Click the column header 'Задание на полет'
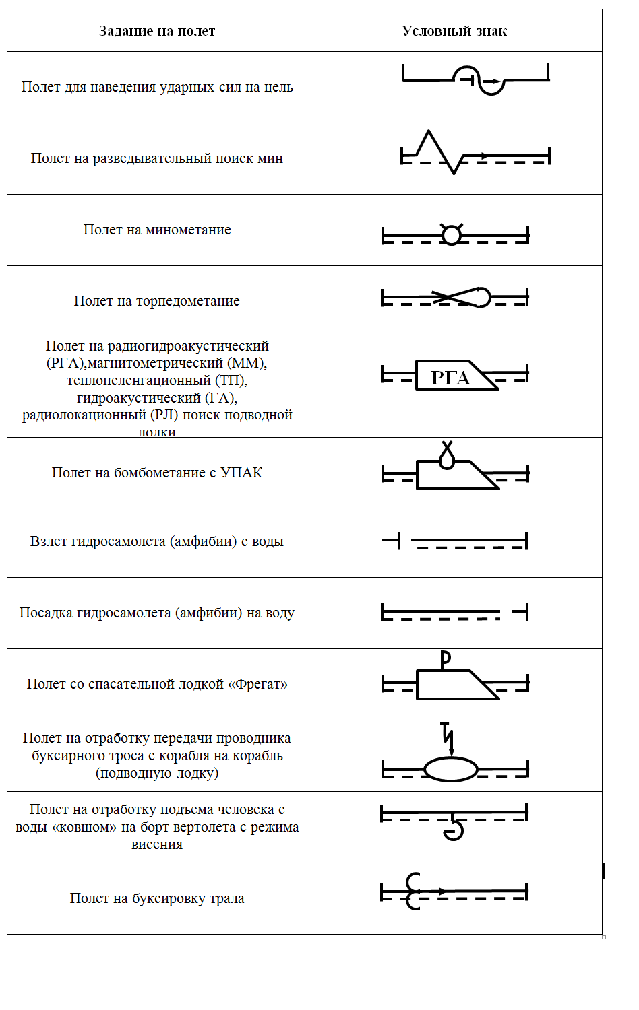click(x=156, y=31)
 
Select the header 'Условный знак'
click(x=454, y=31)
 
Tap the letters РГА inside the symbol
click(x=450, y=378)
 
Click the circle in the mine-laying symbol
click(x=451, y=235)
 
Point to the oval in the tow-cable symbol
click(x=451, y=769)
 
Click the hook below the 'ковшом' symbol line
click(x=454, y=831)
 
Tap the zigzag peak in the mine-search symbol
click(x=428, y=134)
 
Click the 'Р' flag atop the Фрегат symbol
click(x=445, y=659)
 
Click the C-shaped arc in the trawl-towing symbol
click(x=413, y=891)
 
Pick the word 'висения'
click(x=157, y=844)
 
